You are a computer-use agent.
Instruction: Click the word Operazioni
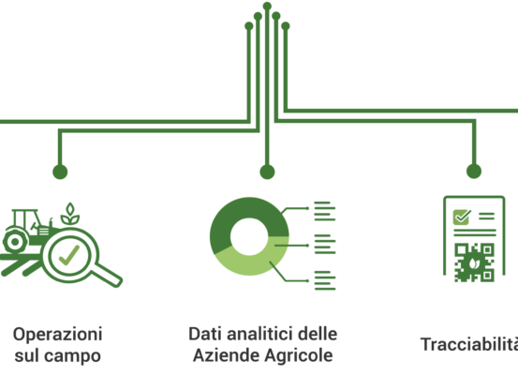(x=57, y=335)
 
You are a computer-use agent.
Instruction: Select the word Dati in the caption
(x=205, y=334)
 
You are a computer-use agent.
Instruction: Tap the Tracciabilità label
(x=469, y=345)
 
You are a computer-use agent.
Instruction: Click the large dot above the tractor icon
(x=60, y=172)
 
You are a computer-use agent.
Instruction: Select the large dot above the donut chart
(x=267, y=172)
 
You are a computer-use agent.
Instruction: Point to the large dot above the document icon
(x=474, y=172)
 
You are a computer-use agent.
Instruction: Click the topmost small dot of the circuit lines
(x=267, y=6)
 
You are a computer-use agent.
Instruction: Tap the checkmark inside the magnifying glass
(x=69, y=255)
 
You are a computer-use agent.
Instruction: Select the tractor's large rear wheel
(x=15, y=242)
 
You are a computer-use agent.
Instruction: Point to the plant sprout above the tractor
(x=70, y=215)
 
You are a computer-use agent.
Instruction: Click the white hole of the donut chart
(x=249, y=236)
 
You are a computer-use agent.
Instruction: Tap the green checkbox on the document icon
(x=462, y=217)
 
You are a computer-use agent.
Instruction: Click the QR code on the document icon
(x=474, y=262)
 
